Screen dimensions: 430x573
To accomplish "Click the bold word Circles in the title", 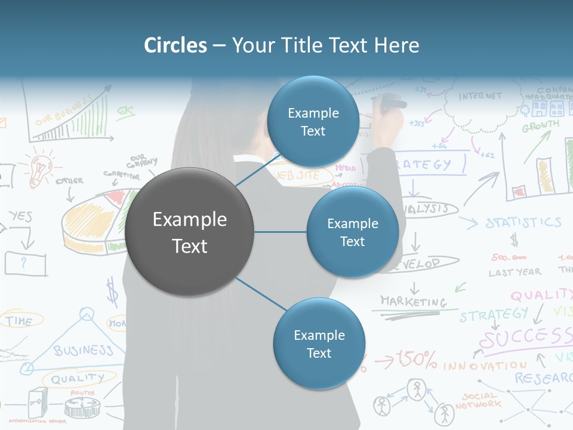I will tap(175, 45).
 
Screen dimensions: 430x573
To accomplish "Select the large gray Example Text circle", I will tap(190, 232).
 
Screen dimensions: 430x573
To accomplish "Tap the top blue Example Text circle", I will tap(313, 121).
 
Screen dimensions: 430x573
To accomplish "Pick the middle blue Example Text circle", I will tap(352, 232).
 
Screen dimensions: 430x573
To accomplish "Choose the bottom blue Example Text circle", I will tap(319, 343).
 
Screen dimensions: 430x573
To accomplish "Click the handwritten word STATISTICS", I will tap(523, 223).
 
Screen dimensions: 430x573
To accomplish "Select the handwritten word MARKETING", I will tap(414, 301).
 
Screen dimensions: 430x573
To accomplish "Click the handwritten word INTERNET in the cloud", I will tap(480, 96).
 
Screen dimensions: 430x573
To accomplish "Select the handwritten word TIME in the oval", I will tap(19, 321).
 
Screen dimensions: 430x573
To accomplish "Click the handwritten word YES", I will tap(20, 216).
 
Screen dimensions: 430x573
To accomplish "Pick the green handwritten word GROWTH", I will tap(541, 127).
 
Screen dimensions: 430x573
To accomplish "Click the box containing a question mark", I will tap(24, 263).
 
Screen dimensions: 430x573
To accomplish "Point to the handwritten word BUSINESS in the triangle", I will tap(84, 350).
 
